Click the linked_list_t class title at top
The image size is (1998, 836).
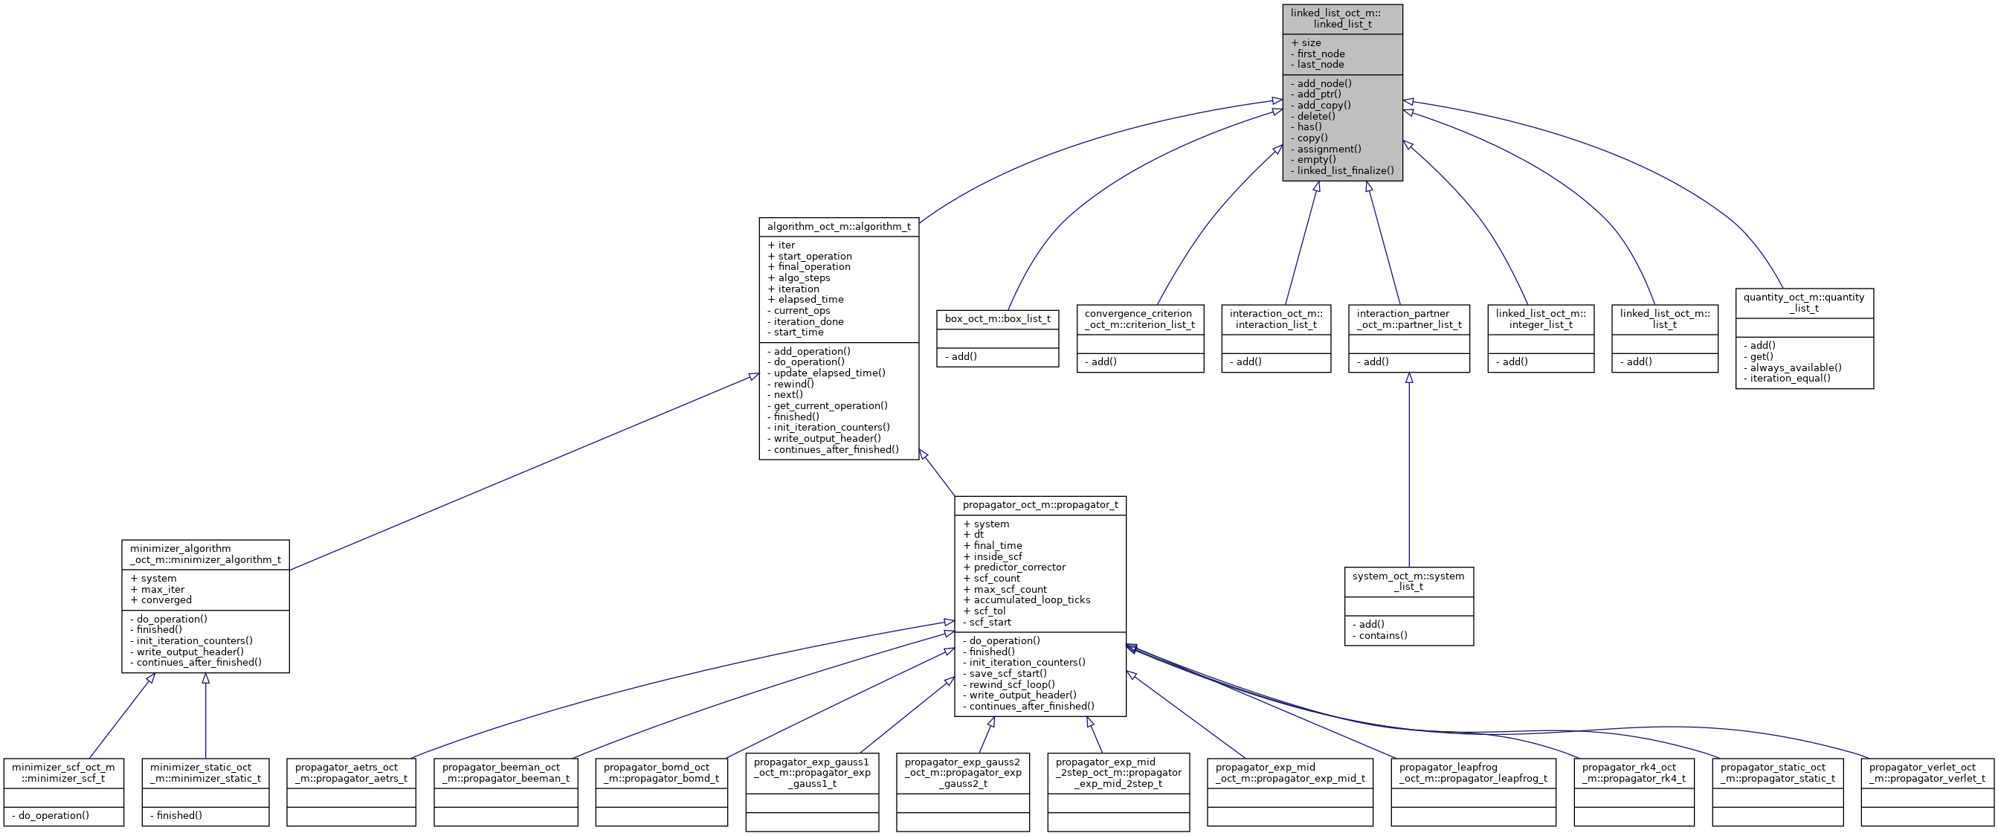[1342, 19]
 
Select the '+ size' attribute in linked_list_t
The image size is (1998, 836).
[1306, 42]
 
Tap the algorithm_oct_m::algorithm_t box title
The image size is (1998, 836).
[839, 226]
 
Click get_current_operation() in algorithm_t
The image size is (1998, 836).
[828, 405]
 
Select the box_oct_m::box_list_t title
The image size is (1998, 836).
[996, 319]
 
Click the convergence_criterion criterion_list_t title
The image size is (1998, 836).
[1139, 319]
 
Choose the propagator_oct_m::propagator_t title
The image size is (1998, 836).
[1040, 505]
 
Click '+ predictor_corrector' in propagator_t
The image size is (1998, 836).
[1014, 567]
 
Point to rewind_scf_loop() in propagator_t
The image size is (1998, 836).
[1008, 684]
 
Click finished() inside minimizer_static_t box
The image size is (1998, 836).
[176, 815]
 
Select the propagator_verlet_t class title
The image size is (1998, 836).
[1927, 773]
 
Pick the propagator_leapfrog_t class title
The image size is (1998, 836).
[1472, 773]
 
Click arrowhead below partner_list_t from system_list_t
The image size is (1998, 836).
[1408, 379]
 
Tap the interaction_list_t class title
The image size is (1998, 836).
[1275, 319]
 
